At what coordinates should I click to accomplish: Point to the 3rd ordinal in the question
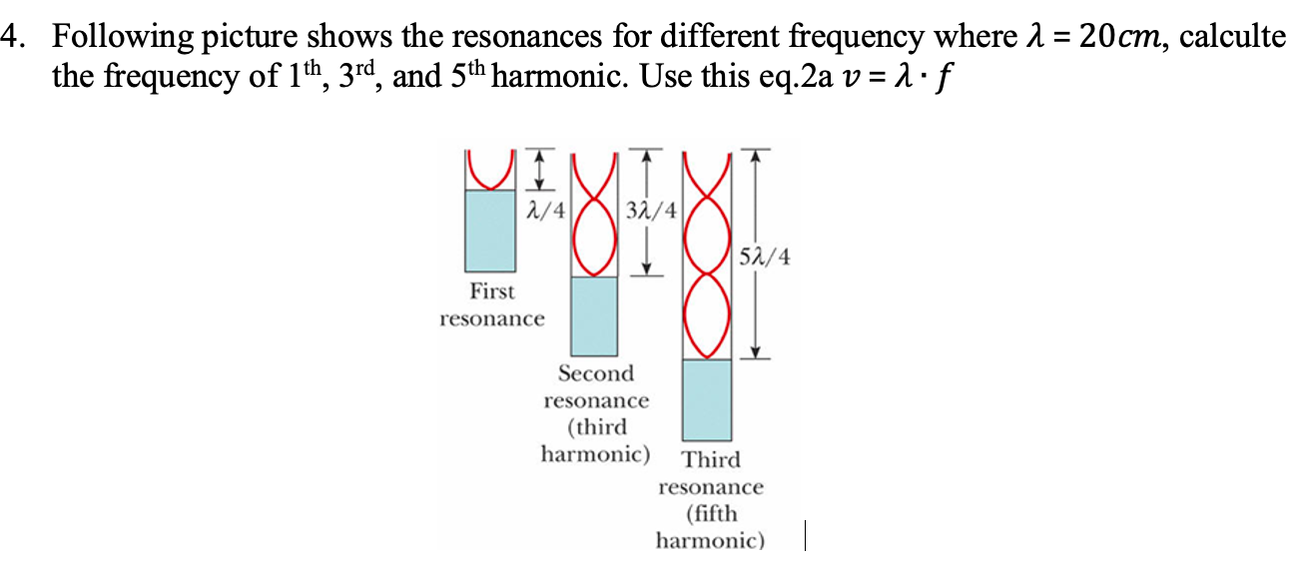click(x=363, y=76)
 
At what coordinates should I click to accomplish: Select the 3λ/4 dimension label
click(x=651, y=212)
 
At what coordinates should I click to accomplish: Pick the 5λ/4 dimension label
click(x=765, y=259)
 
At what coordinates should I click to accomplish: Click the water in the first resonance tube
click(x=491, y=231)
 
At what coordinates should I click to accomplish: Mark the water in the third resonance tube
click(x=707, y=399)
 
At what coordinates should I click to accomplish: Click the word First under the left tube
click(x=492, y=292)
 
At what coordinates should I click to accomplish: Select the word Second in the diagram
click(x=596, y=374)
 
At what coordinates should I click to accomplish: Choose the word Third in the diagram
click(x=711, y=460)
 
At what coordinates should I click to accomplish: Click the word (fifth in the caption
click(x=711, y=514)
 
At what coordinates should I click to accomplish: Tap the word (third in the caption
click(x=596, y=428)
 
